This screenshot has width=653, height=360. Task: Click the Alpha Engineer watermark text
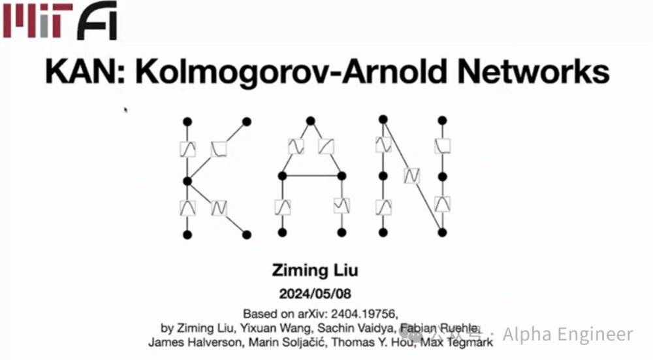(x=568, y=335)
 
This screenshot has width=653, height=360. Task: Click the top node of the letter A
(x=311, y=121)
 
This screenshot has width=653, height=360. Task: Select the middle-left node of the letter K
(x=187, y=181)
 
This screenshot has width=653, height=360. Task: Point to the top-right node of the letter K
(x=247, y=121)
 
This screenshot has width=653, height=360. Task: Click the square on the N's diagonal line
(x=411, y=176)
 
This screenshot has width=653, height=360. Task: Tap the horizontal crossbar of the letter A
(x=311, y=176)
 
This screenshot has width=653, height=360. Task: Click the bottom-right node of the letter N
(x=443, y=233)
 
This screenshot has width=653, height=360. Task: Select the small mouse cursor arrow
(x=125, y=110)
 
